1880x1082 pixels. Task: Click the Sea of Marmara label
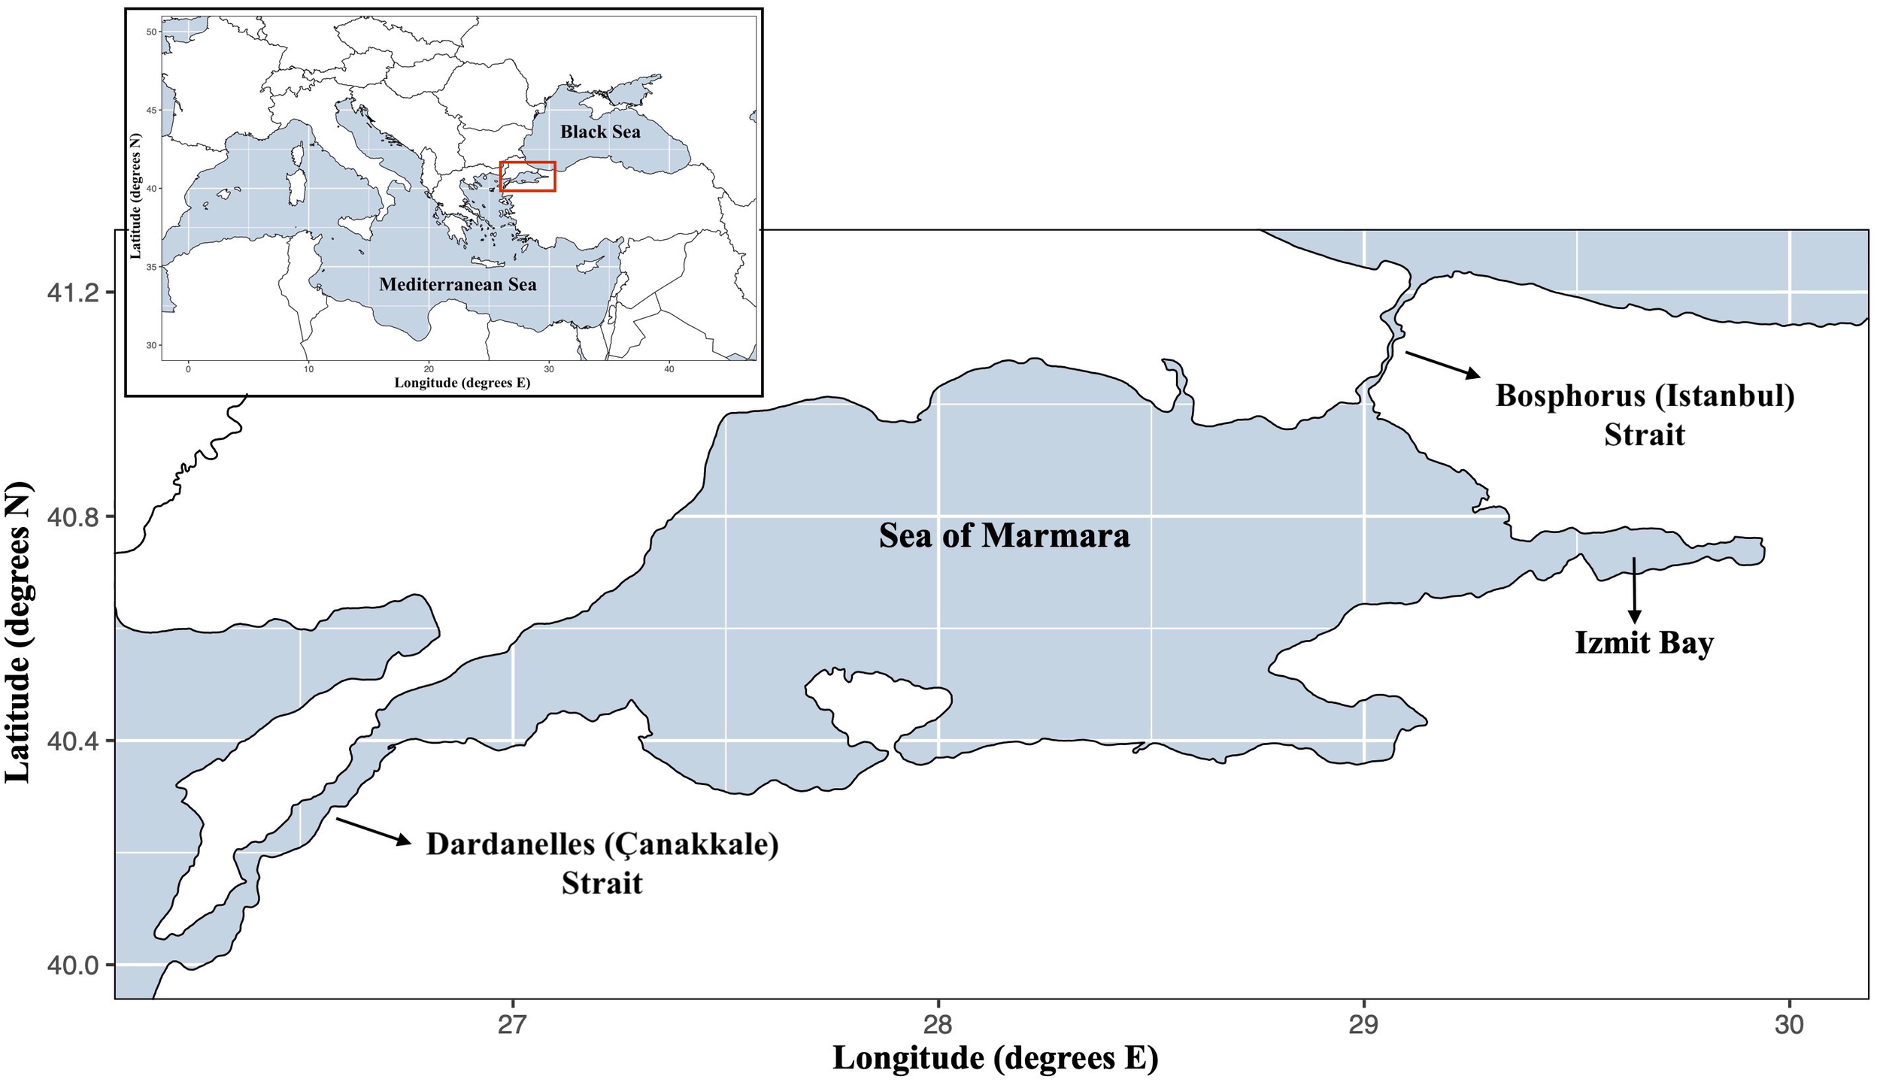[1004, 536]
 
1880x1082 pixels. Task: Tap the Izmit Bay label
[1644, 643]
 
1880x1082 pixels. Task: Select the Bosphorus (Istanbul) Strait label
[1645, 415]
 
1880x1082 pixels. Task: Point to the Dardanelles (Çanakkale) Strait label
[602, 863]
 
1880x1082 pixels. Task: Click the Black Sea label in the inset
[600, 132]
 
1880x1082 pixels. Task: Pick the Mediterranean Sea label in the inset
[457, 284]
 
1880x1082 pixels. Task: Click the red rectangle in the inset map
[528, 177]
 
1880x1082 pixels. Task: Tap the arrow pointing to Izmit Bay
[1633, 589]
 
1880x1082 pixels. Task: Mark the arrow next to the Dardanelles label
[373, 831]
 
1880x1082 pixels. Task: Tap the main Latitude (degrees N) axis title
[19, 632]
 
